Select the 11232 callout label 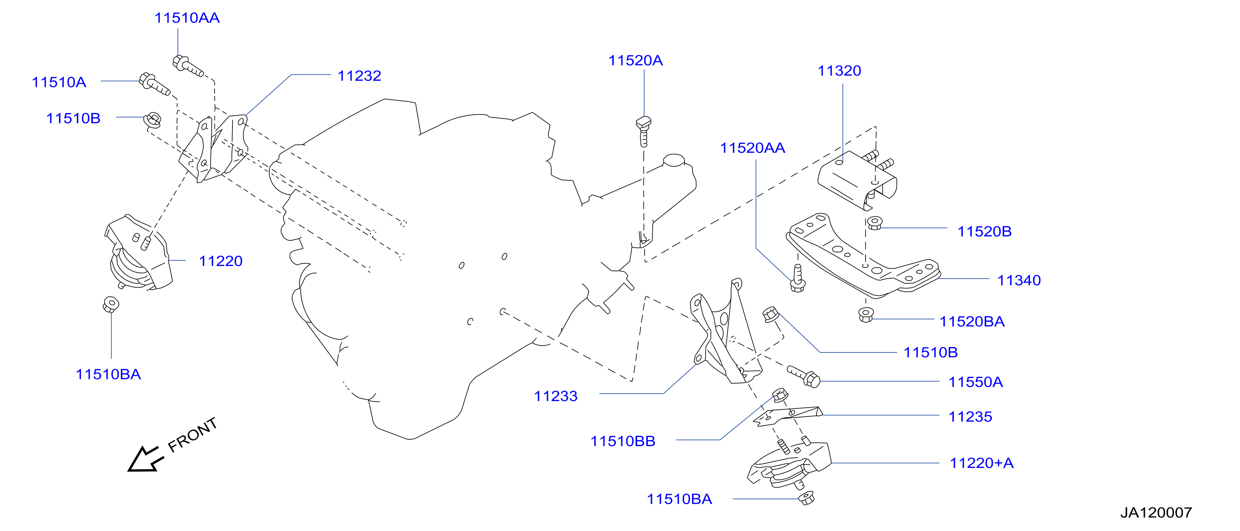pyautogui.click(x=359, y=75)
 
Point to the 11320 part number pyautogui.click(x=839, y=71)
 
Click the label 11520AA pyautogui.click(x=753, y=148)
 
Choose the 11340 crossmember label pyautogui.click(x=1019, y=280)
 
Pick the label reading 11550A pyautogui.click(x=975, y=382)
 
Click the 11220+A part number pyautogui.click(x=981, y=463)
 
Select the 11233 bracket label pyautogui.click(x=555, y=396)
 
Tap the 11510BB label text pyautogui.click(x=623, y=441)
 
